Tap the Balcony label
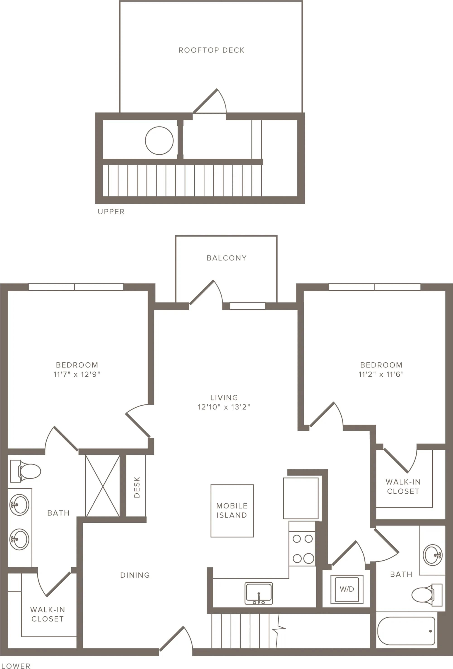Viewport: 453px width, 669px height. (226, 258)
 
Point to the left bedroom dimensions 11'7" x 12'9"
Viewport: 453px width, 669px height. (77, 374)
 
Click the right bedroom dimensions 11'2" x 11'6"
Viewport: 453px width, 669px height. (381, 374)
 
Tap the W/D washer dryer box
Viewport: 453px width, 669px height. (347, 589)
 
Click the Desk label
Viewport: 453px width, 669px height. (137, 487)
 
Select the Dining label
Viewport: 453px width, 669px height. (135, 575)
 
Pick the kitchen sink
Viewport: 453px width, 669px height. (258, 593)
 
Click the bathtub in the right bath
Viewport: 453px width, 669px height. (406, 631)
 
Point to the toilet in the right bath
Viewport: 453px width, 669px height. (427, 595)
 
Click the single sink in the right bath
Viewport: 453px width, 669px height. (433, 555)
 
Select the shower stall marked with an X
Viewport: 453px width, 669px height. (103, 486)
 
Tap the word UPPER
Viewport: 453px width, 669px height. (111, 212)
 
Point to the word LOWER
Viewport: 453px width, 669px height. (16, 666)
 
